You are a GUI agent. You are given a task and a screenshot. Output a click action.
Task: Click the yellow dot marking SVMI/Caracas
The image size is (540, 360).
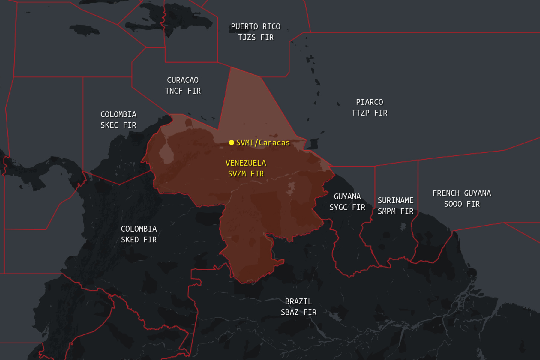coord(231,142)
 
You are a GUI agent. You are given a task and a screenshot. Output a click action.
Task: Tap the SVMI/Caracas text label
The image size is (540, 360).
coord(263,142)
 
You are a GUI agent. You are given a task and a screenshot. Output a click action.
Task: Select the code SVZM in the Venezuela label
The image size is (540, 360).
coord(237,174)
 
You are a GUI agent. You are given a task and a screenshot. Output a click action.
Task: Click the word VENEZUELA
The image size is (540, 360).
coord(246,163)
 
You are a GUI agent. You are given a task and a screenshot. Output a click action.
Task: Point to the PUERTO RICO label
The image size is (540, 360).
coord(256,26)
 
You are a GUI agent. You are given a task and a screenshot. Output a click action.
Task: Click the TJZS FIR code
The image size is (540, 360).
coord(256,37)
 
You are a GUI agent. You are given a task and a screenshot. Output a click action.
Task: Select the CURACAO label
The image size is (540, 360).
coord(183,80)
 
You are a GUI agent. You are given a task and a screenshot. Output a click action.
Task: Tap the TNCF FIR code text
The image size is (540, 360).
coord(183,91)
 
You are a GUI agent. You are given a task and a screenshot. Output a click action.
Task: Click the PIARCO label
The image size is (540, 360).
coord(369,102)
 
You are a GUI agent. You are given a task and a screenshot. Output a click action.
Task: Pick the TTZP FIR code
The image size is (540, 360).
coord(369,113)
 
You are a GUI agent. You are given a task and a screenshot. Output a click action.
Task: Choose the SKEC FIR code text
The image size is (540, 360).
coord(118,125)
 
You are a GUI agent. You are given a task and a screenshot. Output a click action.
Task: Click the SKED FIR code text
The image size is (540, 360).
coord(139,240)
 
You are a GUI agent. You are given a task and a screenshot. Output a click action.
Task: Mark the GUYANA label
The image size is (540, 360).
coord(347,196)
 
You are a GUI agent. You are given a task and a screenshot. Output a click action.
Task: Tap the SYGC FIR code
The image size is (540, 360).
coord(347,207)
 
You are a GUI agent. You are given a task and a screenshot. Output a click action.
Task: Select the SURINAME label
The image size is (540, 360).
coord(395,200)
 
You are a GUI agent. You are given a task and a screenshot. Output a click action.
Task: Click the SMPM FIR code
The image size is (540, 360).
coord(395,211)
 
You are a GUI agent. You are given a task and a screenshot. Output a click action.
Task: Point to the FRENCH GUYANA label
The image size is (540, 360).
coord(462,193)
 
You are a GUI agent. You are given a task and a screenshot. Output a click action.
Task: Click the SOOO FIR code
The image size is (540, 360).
coord(462,204)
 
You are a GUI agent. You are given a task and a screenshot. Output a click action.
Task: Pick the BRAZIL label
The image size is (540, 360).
coord(298,301)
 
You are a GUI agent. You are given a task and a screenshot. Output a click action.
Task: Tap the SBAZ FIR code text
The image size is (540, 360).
coord(298,312)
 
